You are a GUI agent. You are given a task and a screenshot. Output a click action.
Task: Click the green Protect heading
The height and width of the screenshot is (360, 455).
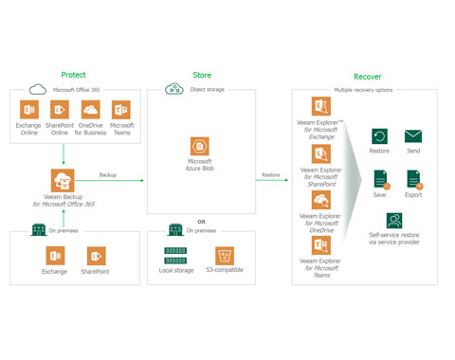pos(73,75)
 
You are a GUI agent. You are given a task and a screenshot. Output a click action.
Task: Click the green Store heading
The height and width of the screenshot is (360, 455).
pos(202,75)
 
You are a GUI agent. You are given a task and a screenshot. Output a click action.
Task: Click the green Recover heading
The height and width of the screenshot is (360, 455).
pos(367,76)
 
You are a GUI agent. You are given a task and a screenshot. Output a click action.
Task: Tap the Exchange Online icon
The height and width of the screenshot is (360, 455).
pos(28,111)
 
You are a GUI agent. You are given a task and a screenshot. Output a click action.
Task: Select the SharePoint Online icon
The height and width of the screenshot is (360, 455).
pos(58,111)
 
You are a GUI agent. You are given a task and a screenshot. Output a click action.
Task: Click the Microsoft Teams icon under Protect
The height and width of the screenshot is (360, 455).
pos(120,111)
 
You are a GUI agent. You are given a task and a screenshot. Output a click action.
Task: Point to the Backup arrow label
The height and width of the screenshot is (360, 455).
pos(110,175)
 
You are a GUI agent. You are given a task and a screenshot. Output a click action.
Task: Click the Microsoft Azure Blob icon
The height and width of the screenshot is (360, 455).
pos(200,148)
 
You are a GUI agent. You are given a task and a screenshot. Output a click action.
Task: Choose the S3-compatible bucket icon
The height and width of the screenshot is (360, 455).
pos(225,256)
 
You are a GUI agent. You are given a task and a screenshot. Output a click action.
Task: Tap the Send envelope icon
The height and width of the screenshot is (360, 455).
pos(413,136)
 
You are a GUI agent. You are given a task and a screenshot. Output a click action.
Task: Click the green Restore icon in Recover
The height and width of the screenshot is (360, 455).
pos(379,136)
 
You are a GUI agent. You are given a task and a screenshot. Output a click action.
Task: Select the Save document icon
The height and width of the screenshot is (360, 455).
pos(379,177)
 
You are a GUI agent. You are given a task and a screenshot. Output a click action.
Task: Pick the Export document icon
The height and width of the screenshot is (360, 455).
pos(413,177)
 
